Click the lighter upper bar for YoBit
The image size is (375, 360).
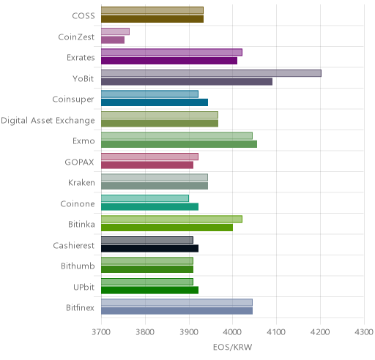point(211,73)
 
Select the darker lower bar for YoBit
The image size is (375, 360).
point(187,82)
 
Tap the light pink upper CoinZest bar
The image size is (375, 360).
point(115,31)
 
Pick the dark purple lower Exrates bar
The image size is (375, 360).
point(169,61)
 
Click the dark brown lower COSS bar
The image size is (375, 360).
point(152,19)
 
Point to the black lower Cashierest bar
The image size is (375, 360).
point(149,249)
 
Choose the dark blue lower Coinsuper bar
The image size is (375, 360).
point(155,102)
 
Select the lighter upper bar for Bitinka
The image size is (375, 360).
point(171,219)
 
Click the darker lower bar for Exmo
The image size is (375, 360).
point(179,144)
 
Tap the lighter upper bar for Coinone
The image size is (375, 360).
point(145,198)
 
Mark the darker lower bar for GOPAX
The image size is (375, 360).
point(147,165)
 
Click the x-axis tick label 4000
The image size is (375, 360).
point(233,332)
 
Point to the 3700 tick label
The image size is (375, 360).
point(101,332)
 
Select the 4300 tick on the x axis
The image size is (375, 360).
point(364,332)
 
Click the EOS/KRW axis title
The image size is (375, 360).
point(232,347)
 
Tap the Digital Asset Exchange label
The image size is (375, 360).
point(48,121)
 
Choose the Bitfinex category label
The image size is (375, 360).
point(80,308)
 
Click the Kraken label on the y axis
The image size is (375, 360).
point(81,183)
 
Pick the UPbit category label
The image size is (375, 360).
point(83,287)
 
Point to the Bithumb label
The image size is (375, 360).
point(78,266)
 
